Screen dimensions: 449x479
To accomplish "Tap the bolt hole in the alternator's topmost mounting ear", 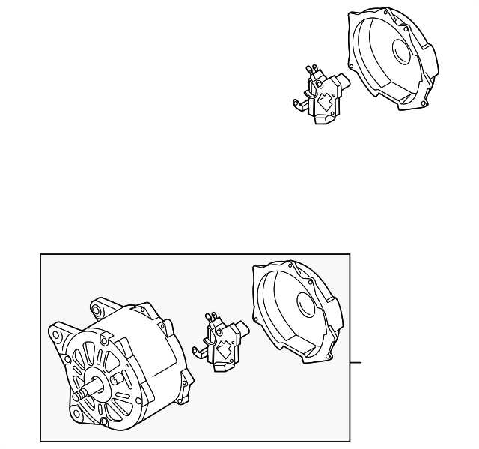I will [96, 306].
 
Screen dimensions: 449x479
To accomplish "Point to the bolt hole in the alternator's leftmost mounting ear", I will [55, 330].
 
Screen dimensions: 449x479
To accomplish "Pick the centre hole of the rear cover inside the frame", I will [306, 304].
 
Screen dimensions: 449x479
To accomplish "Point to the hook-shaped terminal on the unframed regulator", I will [298, 99].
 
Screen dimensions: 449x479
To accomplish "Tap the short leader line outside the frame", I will [356, 362].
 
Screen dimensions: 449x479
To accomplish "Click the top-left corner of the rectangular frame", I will [41, 254].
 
